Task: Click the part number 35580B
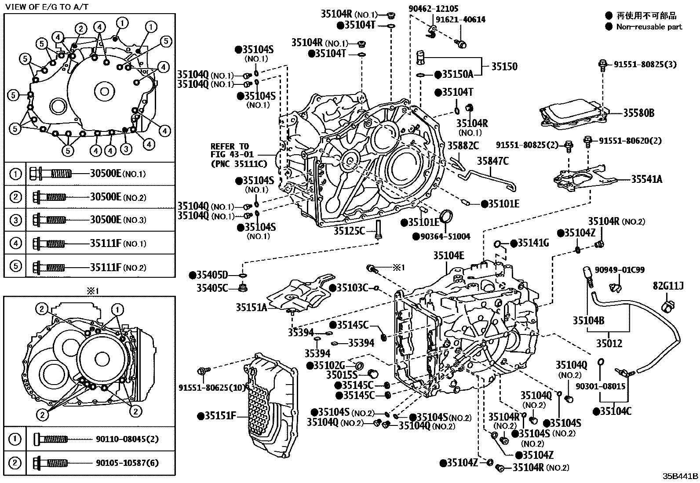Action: point(638,113)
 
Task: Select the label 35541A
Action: point(647,179)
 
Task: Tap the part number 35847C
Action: point(493,161)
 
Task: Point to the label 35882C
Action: point(463,145)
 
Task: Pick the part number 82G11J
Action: point(668,287)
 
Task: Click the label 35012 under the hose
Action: point(609,343)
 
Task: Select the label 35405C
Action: point(212,288)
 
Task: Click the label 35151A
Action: point(251,307)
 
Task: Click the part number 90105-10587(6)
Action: point(128,462)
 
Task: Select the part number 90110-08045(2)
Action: point(128,439)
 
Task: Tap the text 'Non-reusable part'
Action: point(649,27)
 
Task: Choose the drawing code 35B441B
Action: point(681,476)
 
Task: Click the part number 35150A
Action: point(457,74)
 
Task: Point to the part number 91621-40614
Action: point(461,19)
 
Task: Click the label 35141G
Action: point(533,243)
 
